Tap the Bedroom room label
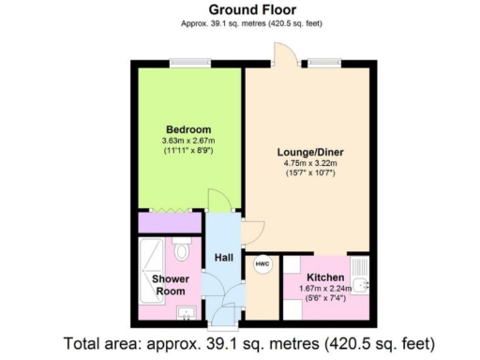pos(188,128)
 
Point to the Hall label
pos(223,257)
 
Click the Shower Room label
pos(171,284)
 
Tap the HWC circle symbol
pos(262,264)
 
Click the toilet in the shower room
pos(182,250)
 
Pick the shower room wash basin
pos(184,312)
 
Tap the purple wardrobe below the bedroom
pos(168,223)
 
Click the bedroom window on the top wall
pos(184,63)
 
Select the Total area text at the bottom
pos(239,342)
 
